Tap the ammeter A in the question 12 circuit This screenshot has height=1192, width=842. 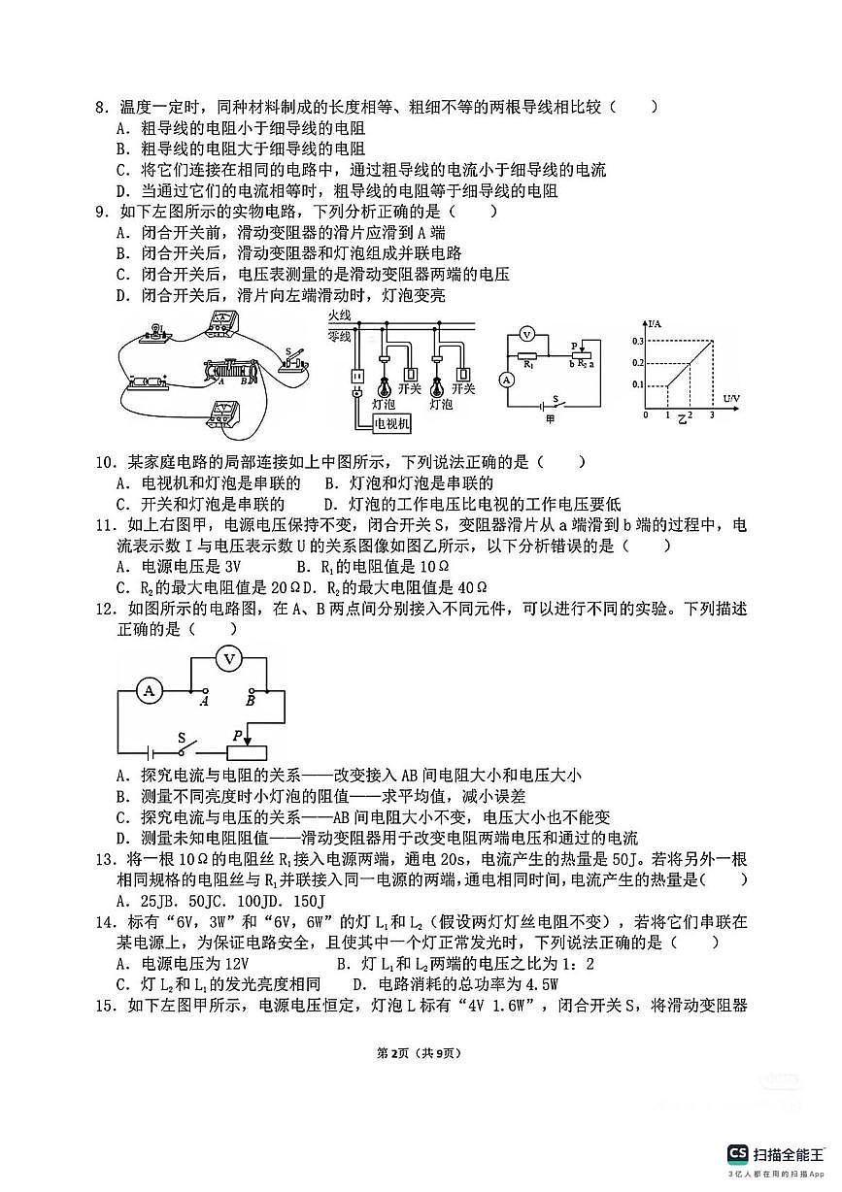pyautogui.click(x=150, y=690)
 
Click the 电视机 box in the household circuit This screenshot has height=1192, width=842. pyautogui.click(x=393, y=423)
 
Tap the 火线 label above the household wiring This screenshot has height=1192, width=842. pyautogui.click(x=339, y=316)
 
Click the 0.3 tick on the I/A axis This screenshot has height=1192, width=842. pyautogui.click(x=637, y=342)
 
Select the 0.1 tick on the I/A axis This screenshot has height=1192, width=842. pyautogui.click(x=637, y=385)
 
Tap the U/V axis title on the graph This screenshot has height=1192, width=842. pyautogui.click(x=731, y=399)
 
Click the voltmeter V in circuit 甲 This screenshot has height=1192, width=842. pyautogui.click(x=526, y=333)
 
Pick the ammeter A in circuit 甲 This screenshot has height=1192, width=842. pyautogui.click(x=506, y=381)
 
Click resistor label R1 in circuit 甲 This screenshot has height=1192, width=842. pyautogui.click(x=528, y=366)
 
